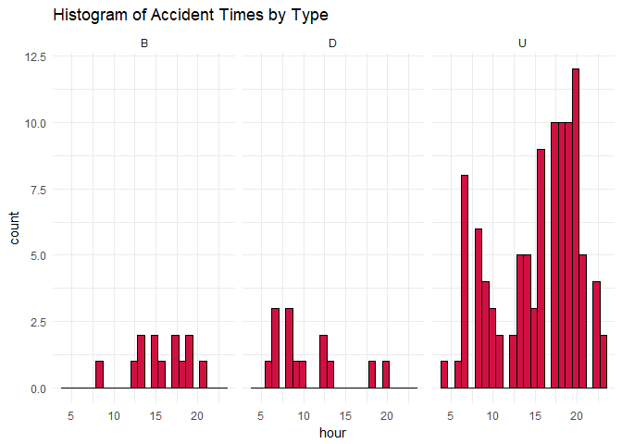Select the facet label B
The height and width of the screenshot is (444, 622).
143,43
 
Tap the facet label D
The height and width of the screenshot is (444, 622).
332,43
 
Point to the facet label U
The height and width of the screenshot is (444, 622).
523,43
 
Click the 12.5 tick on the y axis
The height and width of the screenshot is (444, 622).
34,56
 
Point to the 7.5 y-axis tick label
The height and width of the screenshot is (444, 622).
37,189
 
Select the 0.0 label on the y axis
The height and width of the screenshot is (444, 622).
37,388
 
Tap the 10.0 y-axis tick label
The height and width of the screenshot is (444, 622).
34,123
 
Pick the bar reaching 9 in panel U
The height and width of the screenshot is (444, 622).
541,268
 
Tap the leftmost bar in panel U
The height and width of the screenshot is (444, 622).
444,375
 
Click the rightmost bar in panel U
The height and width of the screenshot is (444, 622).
603,362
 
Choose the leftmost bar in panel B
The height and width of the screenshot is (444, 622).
100,375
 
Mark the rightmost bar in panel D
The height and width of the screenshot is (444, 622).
386,375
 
